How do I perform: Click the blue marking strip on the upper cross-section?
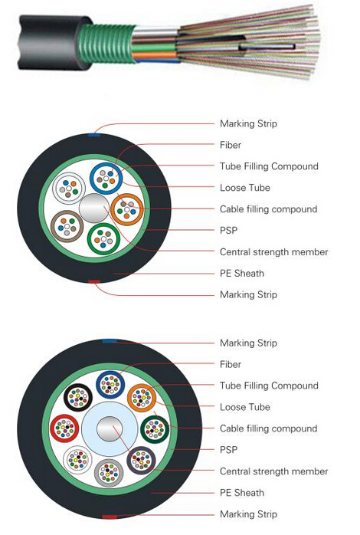pos(94,136)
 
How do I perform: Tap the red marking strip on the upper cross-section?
pos(94,281)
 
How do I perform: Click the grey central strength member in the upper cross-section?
pos(94,208)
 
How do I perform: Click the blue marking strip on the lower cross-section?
pos(110,341)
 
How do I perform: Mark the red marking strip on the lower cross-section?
pos(110,517)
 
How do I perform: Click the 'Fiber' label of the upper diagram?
pos(231,145)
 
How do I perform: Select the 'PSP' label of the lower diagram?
pos(228,450)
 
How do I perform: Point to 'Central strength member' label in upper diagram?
pos(273,252)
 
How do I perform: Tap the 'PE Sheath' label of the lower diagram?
pos(242,493)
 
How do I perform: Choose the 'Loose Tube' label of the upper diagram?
pos(245,188)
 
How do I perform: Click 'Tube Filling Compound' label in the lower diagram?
pos(269,386)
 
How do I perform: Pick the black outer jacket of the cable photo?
pos(51,42)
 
